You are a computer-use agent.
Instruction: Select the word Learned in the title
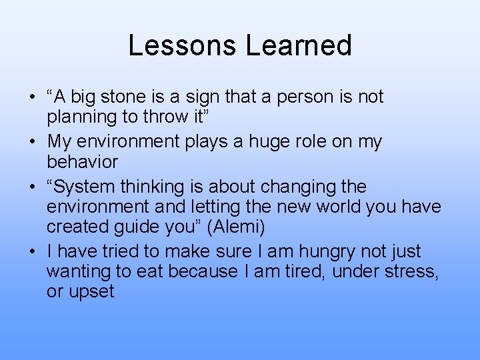pos(299,45)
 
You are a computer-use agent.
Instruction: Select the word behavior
pos(82,162)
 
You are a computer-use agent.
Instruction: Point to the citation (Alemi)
pos(236,227)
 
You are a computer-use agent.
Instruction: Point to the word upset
pos(90,292)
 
